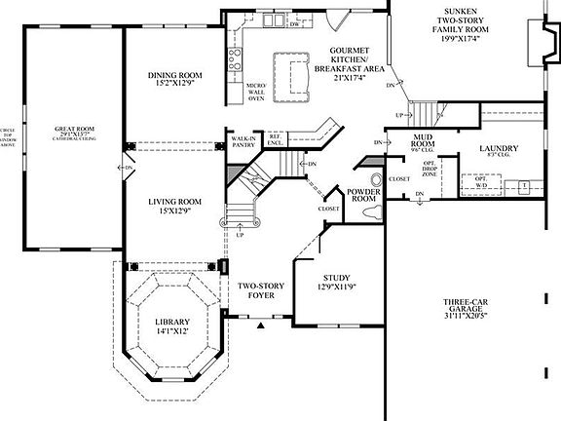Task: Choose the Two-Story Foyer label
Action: click(261, 290)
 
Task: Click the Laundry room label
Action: click(498, 152)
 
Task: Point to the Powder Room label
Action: click(363, 195)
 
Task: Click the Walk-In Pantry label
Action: click(243, 143)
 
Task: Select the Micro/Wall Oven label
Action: click(256, 92)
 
